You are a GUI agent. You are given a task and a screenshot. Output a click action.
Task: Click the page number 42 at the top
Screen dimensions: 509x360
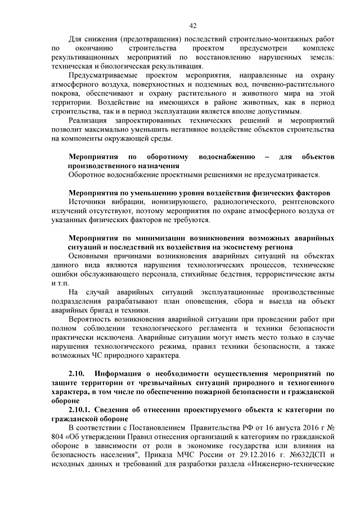(x=193, y=25)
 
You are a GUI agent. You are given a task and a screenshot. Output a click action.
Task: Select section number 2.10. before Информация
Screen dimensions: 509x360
(x=76, y=373)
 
